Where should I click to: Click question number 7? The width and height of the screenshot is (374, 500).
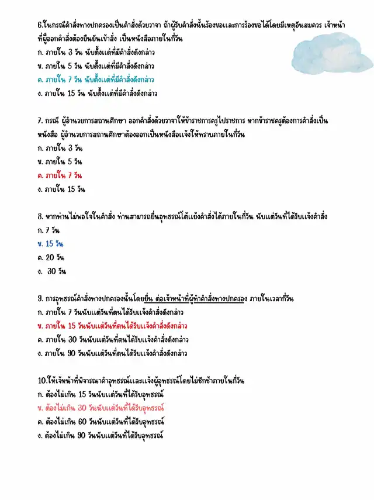(x=39, y=121)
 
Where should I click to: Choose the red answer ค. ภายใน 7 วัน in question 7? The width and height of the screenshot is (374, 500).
(x=59, y=175)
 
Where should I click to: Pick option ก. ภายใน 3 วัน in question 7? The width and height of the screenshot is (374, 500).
(x=58, y=148)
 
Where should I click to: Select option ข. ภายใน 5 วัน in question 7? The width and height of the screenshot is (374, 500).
(x=58, y=161)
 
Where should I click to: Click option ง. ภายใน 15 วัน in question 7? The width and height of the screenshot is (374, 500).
(x=61, y=189)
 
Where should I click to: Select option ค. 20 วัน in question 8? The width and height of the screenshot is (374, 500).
(x=50, y=257)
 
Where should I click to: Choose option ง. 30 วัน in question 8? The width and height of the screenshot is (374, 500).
(x=51, y=271)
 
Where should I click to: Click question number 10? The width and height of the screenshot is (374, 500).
(x=41, y=381)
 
